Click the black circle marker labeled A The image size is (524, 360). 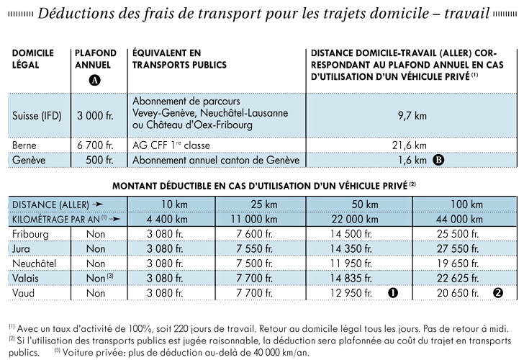pos(94,80)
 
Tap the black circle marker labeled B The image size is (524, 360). pos(438,160)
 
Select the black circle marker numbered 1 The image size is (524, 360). pos(393,293)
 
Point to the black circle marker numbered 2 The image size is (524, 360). pos(498,293)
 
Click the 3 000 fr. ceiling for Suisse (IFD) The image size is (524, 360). pos(95,116)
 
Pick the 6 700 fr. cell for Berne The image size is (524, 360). pos(95,145)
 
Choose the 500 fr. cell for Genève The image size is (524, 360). pos(99,160)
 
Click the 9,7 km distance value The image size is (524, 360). pos(412,116)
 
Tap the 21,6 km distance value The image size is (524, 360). pos(410,145)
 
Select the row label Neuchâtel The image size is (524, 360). pos(34,264)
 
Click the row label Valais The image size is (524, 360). pos(25,278)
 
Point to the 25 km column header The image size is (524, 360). pos(264,204)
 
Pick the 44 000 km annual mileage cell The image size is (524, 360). pos(459,220)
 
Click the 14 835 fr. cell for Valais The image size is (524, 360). pos(351,278)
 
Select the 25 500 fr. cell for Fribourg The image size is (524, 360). pos(458,234)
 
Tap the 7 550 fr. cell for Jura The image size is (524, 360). pos(254,248)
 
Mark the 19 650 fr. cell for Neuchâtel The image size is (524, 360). pos(458,264)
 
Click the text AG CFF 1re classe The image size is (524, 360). pos(171,145)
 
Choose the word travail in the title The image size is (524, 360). pos(467,14)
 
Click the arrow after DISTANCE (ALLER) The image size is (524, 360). pos(98,204)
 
